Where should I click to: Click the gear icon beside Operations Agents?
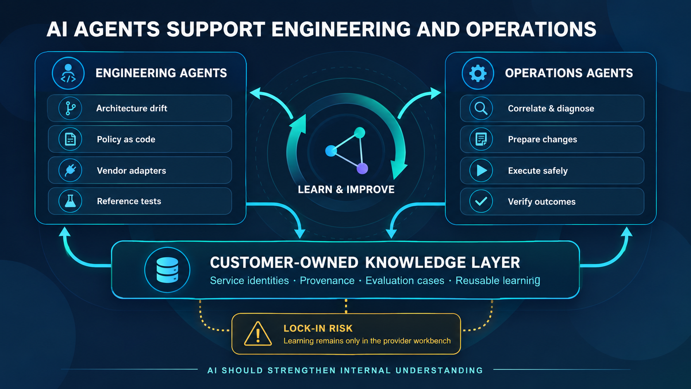coord(477,74)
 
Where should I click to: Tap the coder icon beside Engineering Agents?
coord(68,74)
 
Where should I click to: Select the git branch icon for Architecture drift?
coord(70,108)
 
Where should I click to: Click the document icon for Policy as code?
coord(70,139)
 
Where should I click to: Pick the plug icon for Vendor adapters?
coord(70,170)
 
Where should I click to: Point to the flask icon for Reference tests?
coord(70,201)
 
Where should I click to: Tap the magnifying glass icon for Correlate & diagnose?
coord(481,109)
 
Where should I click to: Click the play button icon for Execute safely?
coord(481,170)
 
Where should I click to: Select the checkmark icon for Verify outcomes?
coord(481,201)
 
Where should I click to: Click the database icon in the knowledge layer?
coord(167,270)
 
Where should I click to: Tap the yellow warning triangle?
coord(258,334)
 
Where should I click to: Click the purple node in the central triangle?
coord(362,169)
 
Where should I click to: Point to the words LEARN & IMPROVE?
coord(346,189)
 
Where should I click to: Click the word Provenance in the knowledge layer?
coord(327,281)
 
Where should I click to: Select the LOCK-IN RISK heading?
coord(318,328)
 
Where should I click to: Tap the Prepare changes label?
coord(542,139)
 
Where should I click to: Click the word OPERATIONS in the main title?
coord(531,29)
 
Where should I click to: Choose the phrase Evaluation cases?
coord(405,281)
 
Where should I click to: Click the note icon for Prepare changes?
coord(481,139)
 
